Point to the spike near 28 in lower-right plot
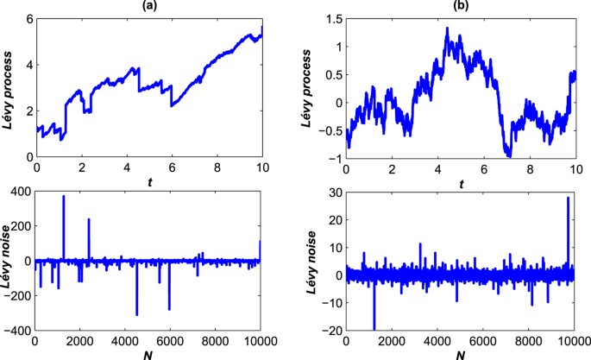tap(567, 199)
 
